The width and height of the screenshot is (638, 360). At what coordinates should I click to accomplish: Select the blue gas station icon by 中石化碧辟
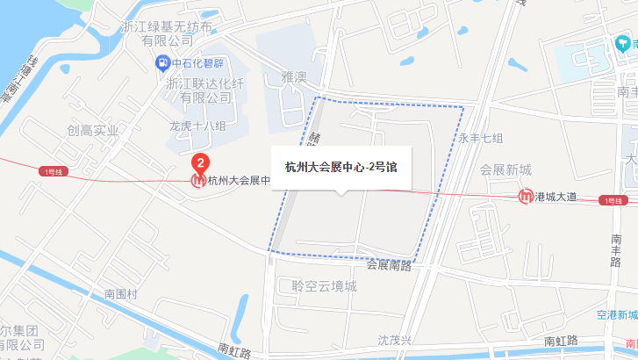[x=161, y=62]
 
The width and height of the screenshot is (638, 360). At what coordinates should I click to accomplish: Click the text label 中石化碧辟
[x=199, y=63]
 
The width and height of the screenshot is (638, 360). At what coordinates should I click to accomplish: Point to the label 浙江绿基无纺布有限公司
[x=168, y=33]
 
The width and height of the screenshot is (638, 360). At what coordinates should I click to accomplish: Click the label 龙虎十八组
[x=197, y=126]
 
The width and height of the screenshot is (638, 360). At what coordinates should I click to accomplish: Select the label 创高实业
[x=92, y=131]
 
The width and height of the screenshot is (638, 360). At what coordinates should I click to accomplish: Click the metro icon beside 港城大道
[x=526, y=197]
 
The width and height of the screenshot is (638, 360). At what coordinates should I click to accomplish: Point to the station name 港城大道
[x=555, y=197]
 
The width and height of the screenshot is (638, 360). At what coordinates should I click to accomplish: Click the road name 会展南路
[x=389, y=264]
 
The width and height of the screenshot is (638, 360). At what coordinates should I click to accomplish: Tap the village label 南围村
[x=121, y=294]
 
